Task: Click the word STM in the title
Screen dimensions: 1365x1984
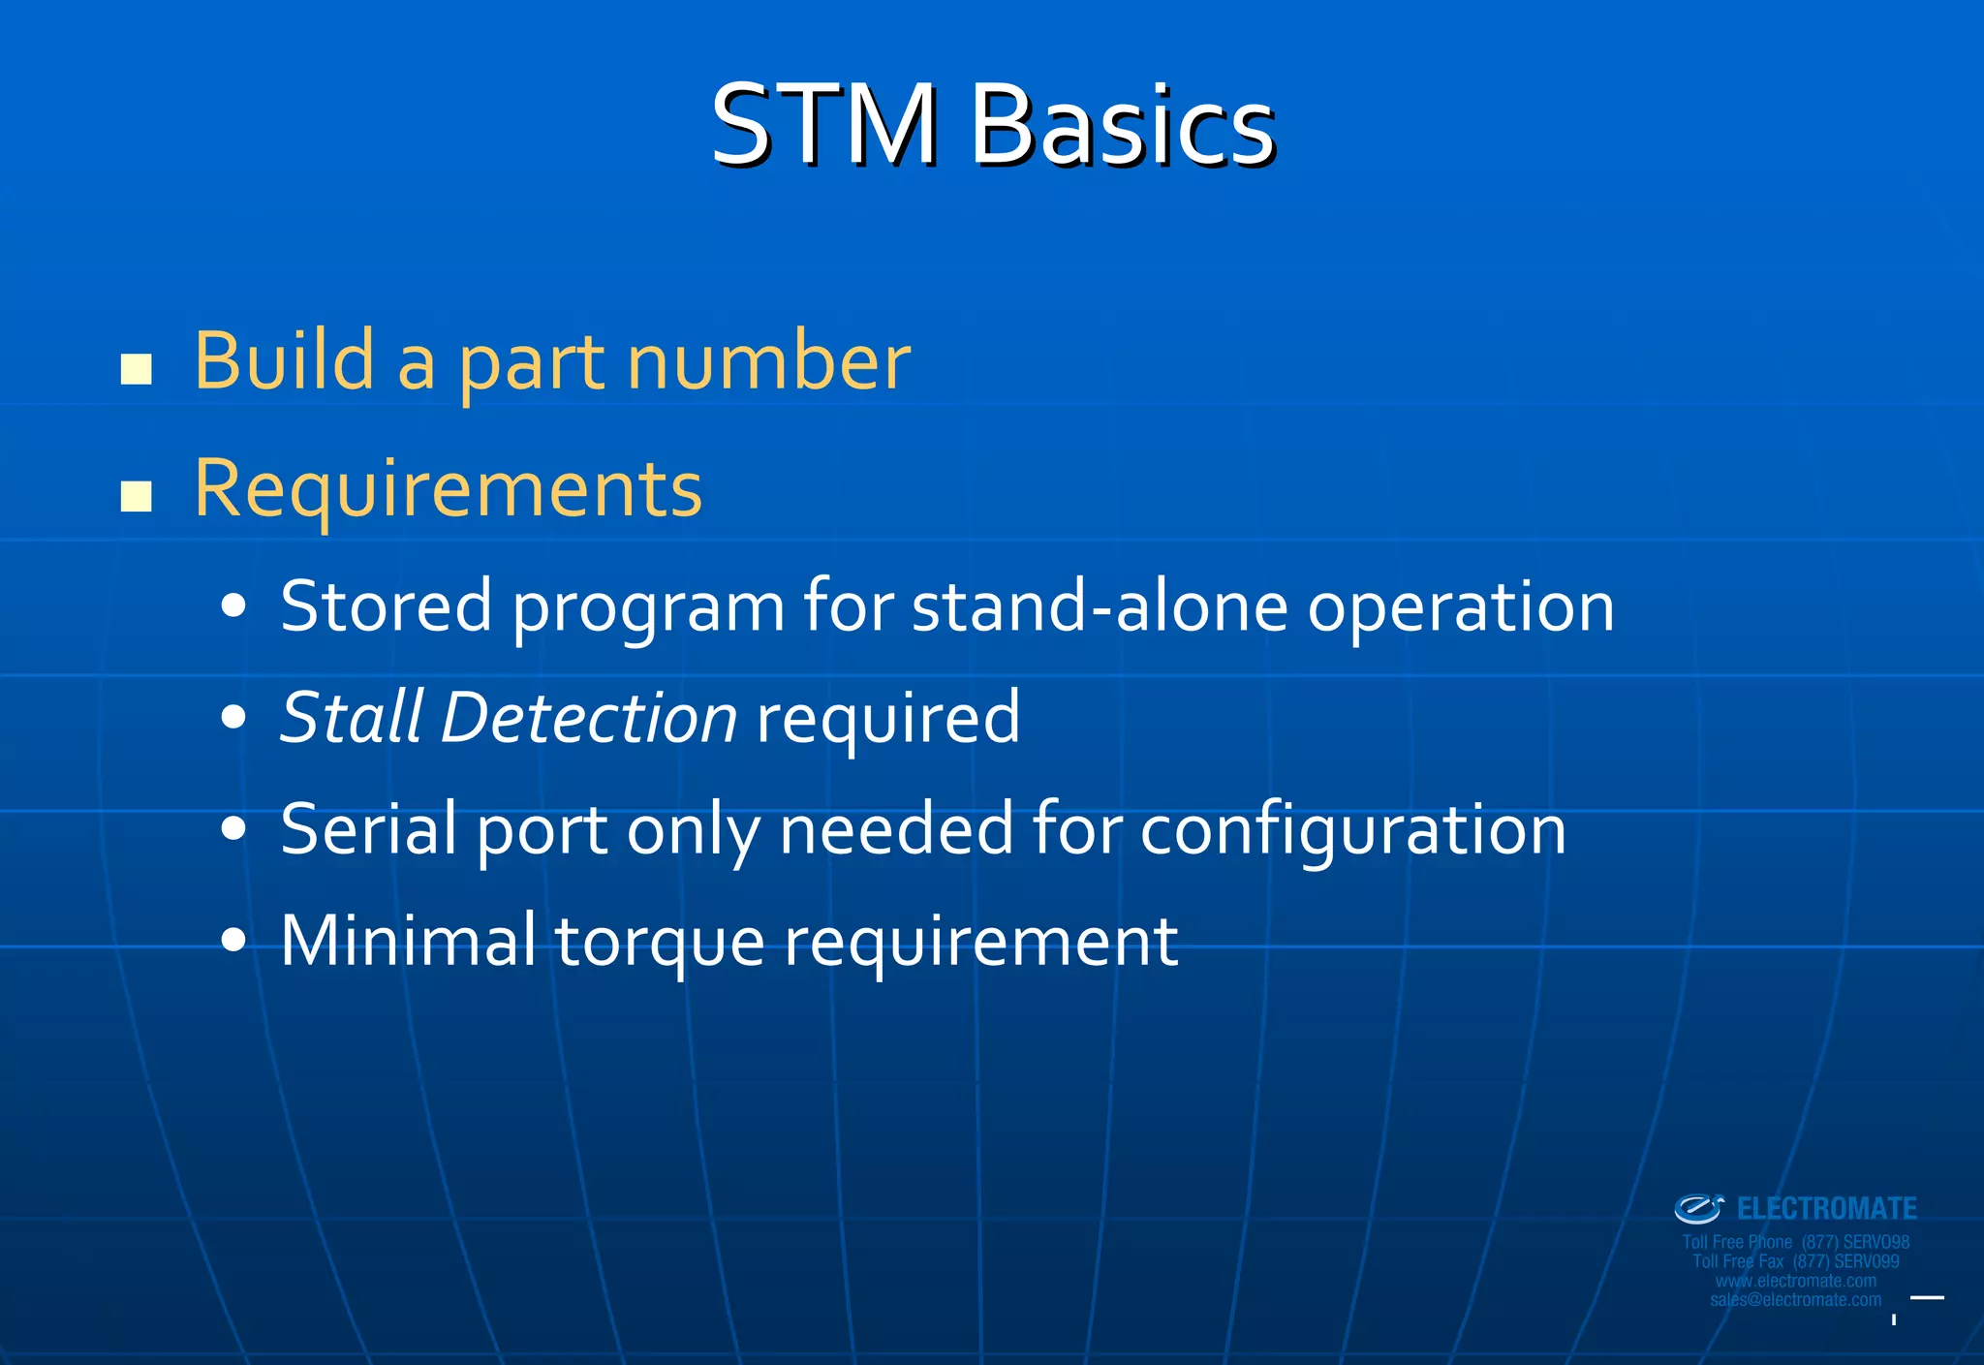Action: pos(824,125)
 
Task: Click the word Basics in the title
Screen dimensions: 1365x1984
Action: pos(1123,125)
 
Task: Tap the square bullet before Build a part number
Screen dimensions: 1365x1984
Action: pos(137,369)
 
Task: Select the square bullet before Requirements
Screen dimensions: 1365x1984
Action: pos(137,496)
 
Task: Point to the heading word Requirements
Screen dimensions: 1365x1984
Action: pos(448,489)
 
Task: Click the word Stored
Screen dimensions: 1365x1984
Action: pos(386,606)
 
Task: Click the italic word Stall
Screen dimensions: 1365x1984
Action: pos(352,718)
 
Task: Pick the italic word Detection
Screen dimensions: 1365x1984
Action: pos(589,718)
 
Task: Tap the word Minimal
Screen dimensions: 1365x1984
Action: pos(407,940)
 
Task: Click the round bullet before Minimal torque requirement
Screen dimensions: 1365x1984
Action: pos(233,940)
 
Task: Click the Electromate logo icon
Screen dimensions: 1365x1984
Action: pos(1698,1209)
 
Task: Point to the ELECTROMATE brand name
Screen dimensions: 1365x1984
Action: pos(1826,1209)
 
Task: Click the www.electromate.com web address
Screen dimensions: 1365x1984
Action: pos(1795,1281)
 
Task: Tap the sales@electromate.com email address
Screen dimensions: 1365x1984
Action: pos(1795,1300)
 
